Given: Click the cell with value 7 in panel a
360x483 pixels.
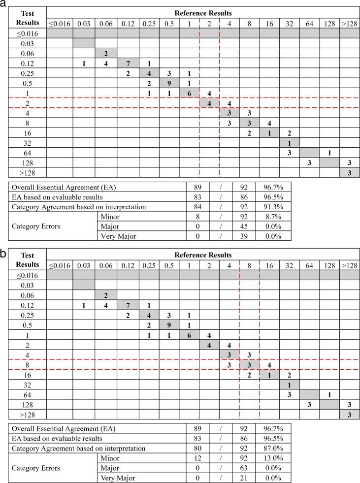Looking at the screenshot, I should [128, 63].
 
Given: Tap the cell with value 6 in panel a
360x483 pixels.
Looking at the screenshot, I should [189, 93].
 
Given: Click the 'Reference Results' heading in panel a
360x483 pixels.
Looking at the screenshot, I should [203, 13].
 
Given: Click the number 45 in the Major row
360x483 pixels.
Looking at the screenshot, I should [250, 226].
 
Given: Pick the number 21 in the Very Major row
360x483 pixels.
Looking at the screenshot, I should [250, 478].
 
